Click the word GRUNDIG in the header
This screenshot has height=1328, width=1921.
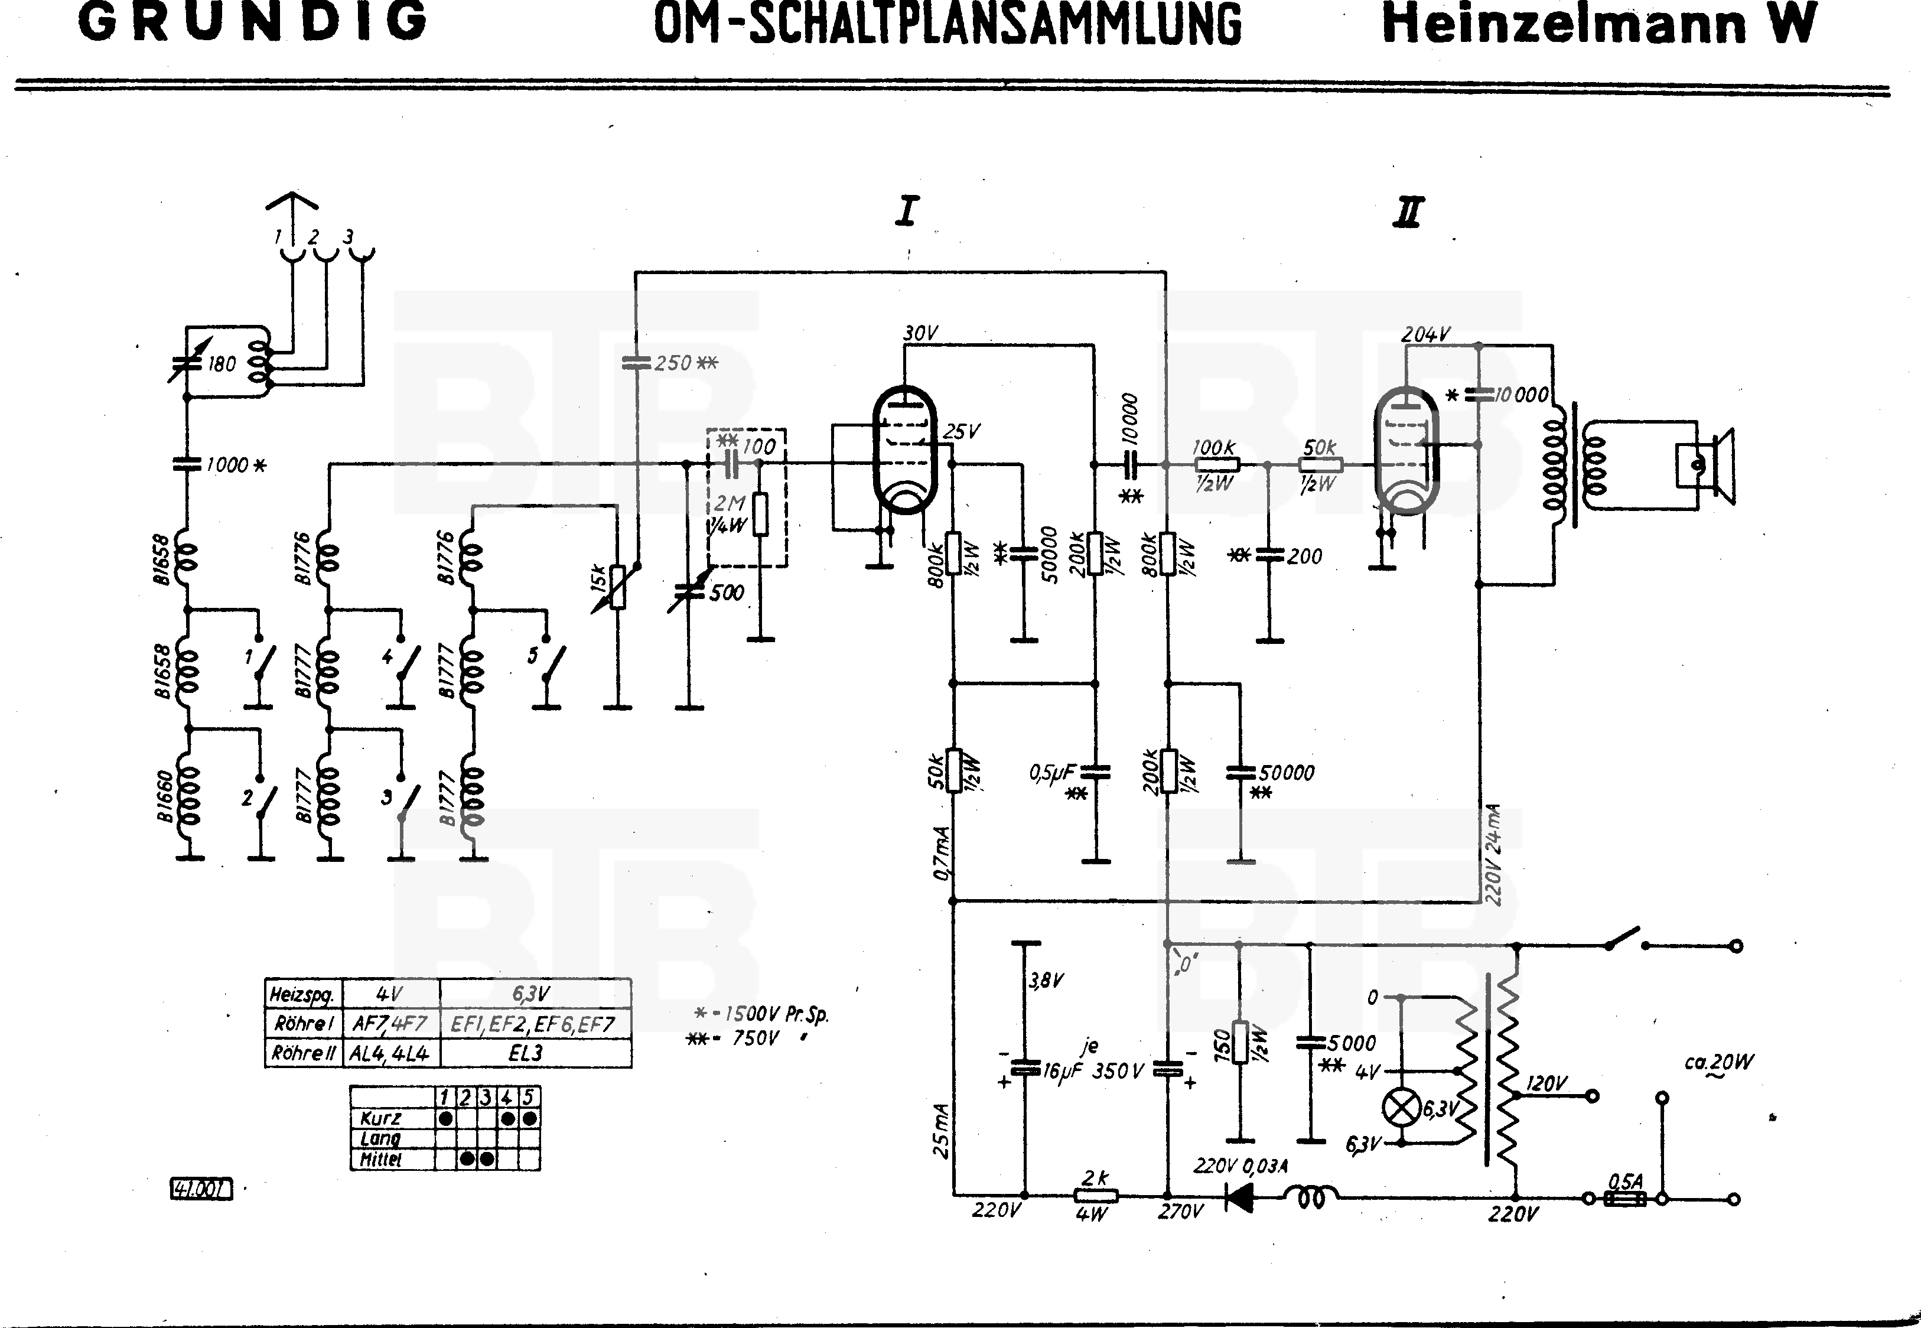point(253,22)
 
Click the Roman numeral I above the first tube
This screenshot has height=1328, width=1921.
point(906,211)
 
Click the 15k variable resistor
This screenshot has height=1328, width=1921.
point(617,587)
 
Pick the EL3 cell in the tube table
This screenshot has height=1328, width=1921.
point(526,1053)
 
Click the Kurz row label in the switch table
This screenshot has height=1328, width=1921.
point(381,1119)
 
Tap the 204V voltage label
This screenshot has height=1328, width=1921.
point(1425,334)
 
